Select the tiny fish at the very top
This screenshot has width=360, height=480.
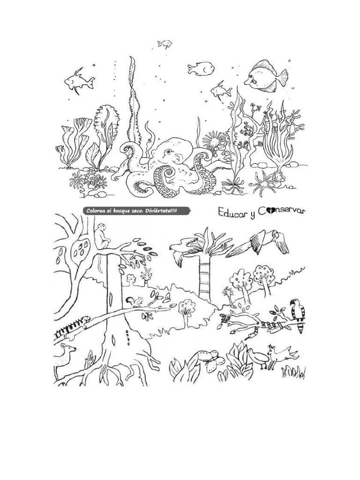coord(165,44)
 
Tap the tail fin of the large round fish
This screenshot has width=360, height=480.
coord(282,78)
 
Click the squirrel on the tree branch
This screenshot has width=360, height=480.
coord(135,302)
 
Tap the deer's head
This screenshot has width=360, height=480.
coord(68,349)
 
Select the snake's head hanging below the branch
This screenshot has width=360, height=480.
coord(248,337)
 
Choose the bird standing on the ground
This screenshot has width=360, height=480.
coord(258,358)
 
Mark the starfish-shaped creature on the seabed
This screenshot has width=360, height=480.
coord(263,182)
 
